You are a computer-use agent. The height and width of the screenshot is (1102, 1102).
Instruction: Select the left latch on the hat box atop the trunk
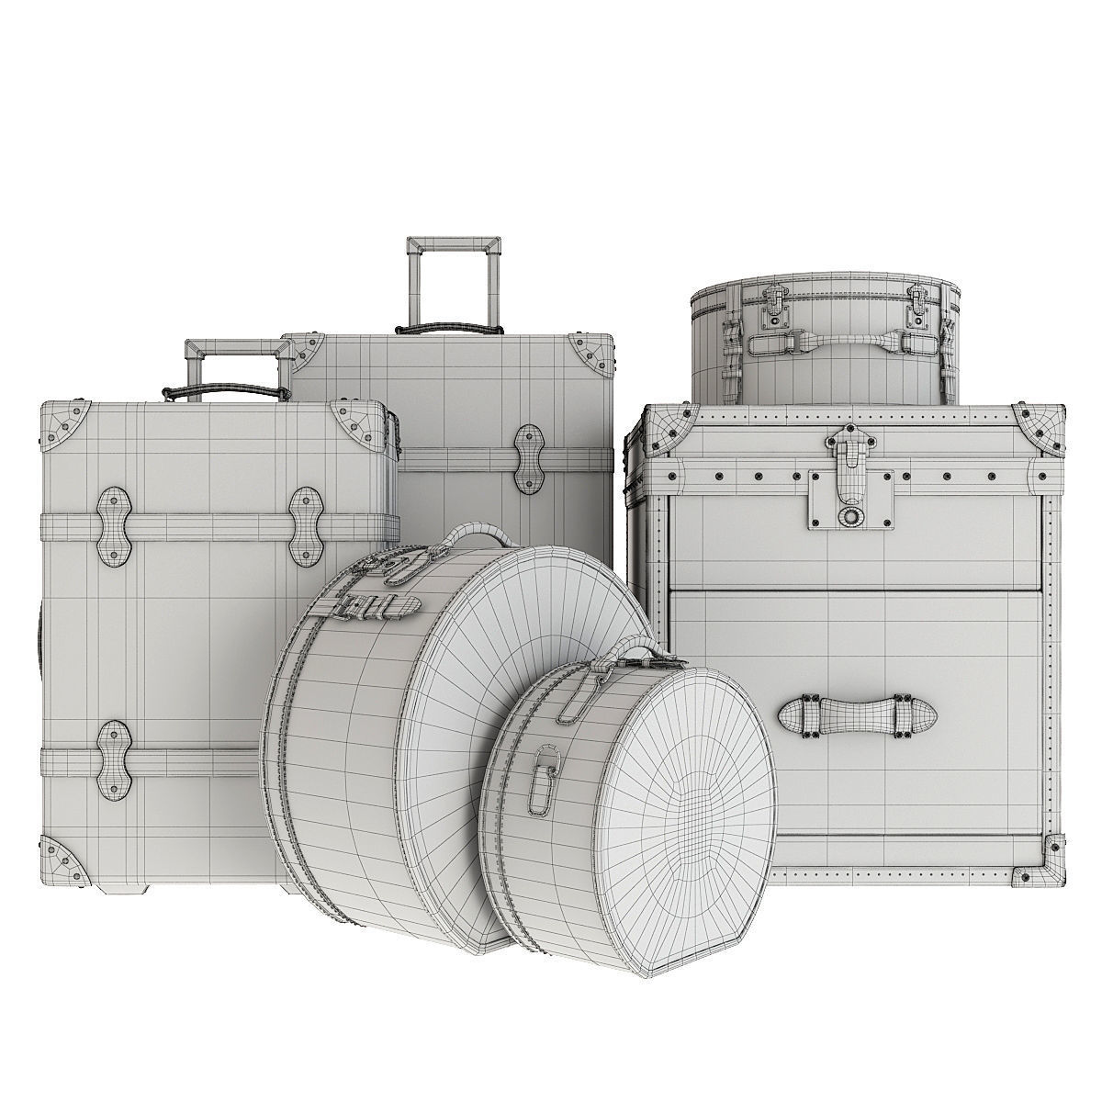pyautogui.click(x=769, y=305)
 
